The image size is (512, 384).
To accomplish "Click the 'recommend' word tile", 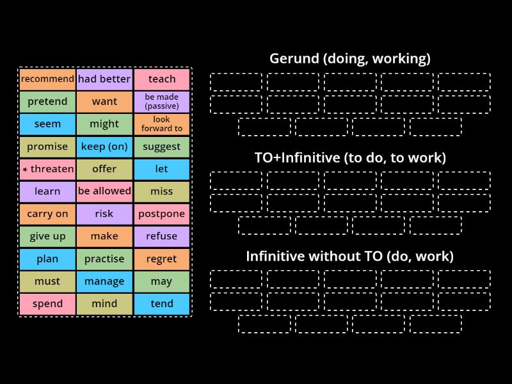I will pos(47,79).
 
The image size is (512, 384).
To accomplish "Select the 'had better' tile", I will pos(104,79).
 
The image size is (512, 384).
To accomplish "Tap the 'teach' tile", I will pos(162,79).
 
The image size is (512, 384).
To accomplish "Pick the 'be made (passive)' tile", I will pos(162,102).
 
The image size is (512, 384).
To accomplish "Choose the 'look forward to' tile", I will pos(162,124).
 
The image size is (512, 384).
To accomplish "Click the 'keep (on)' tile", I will pos(104,147).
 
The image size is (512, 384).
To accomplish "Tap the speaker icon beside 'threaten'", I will pos(25,170).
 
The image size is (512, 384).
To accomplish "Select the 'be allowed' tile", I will pos(104,191).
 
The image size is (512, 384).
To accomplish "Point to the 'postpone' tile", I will pos(162,214).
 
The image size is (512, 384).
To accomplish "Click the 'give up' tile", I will pos(47,236).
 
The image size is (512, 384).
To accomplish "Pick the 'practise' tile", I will pos(104,259).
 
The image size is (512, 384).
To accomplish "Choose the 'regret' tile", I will pos(162,259).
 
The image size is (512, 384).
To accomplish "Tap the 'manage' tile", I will pos(104,282).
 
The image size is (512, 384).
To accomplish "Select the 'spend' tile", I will pos(47,304).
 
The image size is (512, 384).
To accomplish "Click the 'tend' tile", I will pos(162,304).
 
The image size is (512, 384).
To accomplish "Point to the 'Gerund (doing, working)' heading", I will pos(349,59).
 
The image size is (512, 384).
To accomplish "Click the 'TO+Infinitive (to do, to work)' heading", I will pos(349,157).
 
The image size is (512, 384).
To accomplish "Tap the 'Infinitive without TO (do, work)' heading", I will pos(349,257).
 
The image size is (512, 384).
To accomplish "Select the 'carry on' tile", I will pos(47,214).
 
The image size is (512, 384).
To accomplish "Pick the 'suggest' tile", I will pos(162,147).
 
